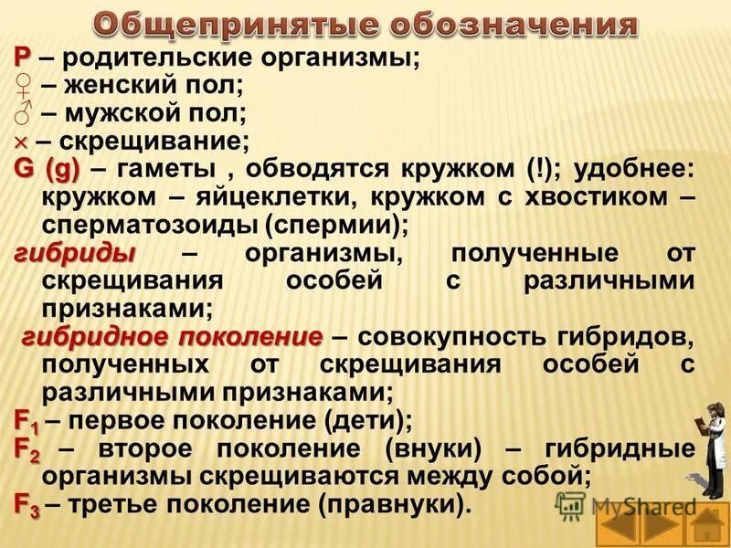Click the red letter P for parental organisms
[22, 59]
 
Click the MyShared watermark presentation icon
[571, 504]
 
